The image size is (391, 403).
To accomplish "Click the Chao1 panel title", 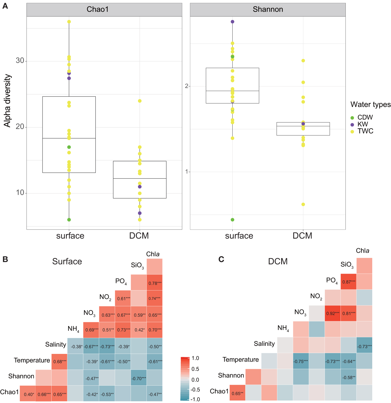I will (98, 9).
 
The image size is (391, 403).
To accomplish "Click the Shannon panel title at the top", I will (268, 9).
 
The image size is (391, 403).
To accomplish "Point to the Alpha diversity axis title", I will (7, 101).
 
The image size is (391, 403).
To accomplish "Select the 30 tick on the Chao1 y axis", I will (20, 61).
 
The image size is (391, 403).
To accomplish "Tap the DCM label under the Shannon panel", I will (302, 236).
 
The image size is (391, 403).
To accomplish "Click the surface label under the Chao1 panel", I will (70, 236).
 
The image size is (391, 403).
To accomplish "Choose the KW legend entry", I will (363, 124).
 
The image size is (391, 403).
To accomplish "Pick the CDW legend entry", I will (365, 118).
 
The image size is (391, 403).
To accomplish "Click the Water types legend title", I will (370, 105).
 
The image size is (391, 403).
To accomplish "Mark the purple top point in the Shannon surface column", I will (233, 22).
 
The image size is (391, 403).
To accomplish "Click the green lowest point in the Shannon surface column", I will (233, 220).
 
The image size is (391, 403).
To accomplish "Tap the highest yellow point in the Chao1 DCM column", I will (140, 101).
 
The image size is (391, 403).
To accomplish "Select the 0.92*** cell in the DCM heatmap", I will (333, 313).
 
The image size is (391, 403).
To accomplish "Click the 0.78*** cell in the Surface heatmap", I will (155, 283).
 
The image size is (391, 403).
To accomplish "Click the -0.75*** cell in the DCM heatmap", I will (301, 361).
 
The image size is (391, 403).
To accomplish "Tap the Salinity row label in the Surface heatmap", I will (56, 345).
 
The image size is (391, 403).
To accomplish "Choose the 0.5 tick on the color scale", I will (195, 369).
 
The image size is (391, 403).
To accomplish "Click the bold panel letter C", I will (221, 260).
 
